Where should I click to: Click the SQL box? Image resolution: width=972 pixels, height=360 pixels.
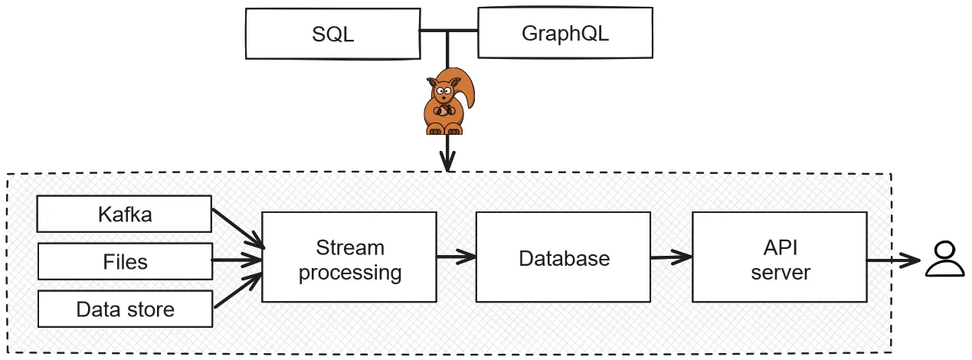pos(332,34)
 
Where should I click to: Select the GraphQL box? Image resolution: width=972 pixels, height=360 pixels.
pos(565,34)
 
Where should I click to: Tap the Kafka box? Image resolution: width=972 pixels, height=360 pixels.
pos(125,214)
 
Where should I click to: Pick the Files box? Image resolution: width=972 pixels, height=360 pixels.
pos(125,262)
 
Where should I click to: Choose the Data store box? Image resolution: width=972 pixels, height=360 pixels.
pos(125,309)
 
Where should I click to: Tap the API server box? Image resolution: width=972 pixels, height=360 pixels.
pos(779,258)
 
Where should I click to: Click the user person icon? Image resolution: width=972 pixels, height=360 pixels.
pos(945,258)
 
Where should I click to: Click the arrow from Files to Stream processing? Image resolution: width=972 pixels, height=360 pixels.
pos(237,261)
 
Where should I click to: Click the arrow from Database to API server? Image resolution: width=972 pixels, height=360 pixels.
pos(671,257)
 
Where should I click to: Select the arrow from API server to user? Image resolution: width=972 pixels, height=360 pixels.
pos(893,260)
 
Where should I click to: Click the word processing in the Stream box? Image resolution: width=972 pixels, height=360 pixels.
pos(349,272)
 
